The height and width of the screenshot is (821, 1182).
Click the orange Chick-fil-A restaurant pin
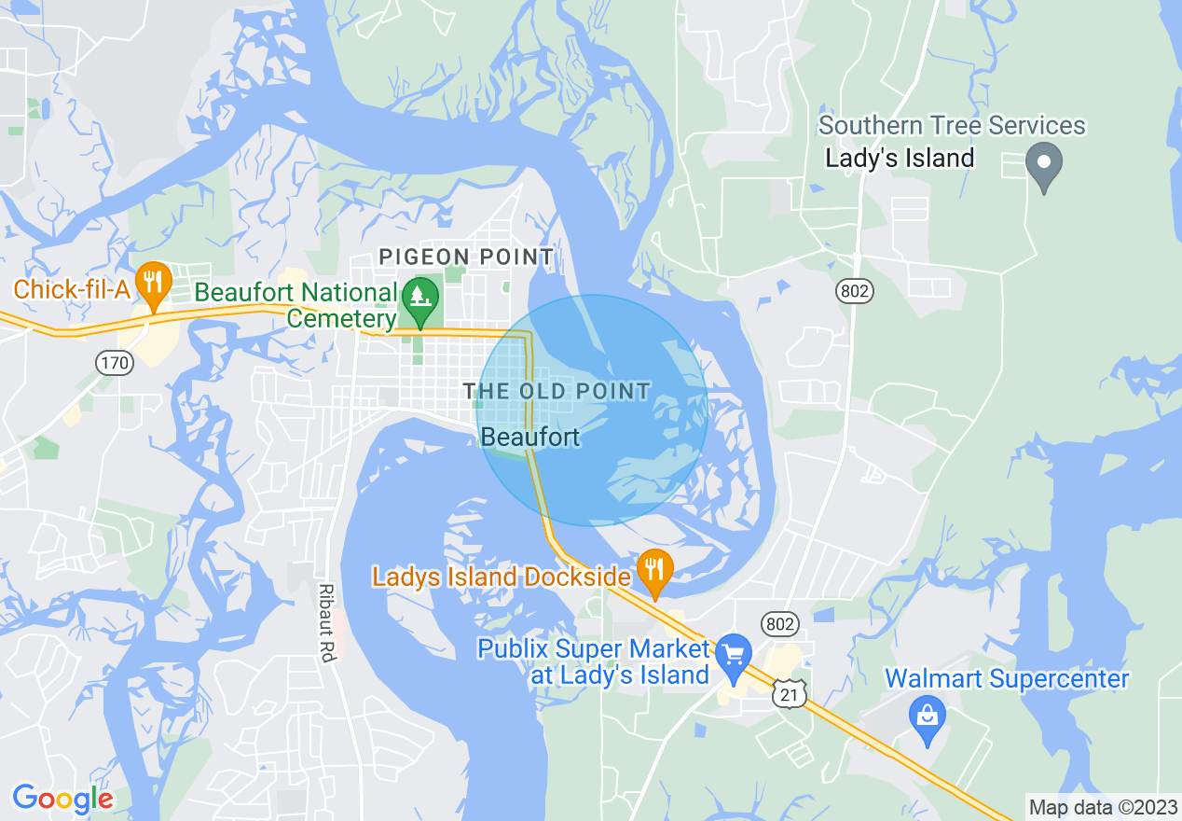pyautogui.click(x=152, y=282)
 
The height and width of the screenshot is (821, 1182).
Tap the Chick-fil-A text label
pyautogui.click(x=71, y=289)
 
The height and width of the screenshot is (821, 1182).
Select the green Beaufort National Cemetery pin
pyautogui.click(x=420, y=299)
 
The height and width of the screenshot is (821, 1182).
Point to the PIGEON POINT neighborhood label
pyautogui.click(x=466, y=257)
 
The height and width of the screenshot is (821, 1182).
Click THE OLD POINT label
pyautogui.click(x=557, y=391)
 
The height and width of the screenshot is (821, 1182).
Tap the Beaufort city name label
pyautogui.click(x=530, y=437)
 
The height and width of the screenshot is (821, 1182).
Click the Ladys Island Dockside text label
pyautogui.click(x=502, y=577)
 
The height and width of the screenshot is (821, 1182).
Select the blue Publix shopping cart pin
pyautogui.click(x=734, y=655)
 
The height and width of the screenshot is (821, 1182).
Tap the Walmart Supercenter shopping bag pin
pyautogui.click(x=927, y=718)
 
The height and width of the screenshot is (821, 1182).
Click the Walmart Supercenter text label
pyautogui.click(x=1007, y=679)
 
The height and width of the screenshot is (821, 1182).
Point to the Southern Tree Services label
pyautogui.click(x=952, y=125)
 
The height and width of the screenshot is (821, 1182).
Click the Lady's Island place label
pyautogui.click(x=900, y=158)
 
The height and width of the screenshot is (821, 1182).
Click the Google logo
pyautogui.click(x=62, y=799)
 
